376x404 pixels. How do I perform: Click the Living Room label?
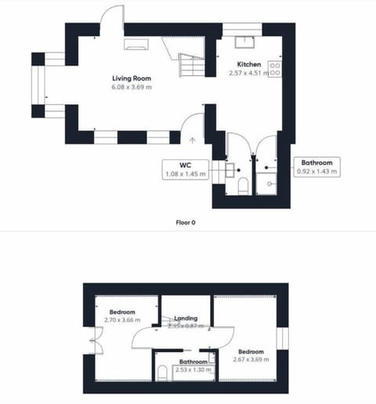point(131,78)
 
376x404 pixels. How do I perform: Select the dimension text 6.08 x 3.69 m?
point(131,88)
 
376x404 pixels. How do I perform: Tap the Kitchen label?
point(249,64)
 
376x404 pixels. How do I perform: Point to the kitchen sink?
point(242,42)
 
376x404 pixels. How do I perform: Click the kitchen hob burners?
point(275,68)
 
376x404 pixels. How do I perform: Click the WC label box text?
point(186,165)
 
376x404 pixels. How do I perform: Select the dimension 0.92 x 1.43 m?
point(317,171)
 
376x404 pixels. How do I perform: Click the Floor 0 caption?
point(186,223)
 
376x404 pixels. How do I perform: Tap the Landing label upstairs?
point(186,318)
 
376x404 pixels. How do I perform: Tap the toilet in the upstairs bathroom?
point(161,371)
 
